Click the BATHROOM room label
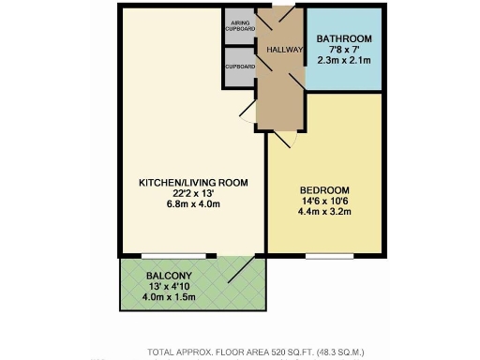[x=345, y=39]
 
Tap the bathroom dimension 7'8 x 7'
[x=345, y=51]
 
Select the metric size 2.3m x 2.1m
[x=345, y=62]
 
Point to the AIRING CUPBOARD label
[x=239, y=26]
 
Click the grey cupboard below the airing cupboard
[x=239, y=67]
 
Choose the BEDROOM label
[x=325, y=186]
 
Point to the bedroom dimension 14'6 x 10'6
[x=325, y=198]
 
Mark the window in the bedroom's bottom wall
[x=323, y=255]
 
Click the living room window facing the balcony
[x=174, y=255]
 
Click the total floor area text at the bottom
[x=256, y=352]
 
